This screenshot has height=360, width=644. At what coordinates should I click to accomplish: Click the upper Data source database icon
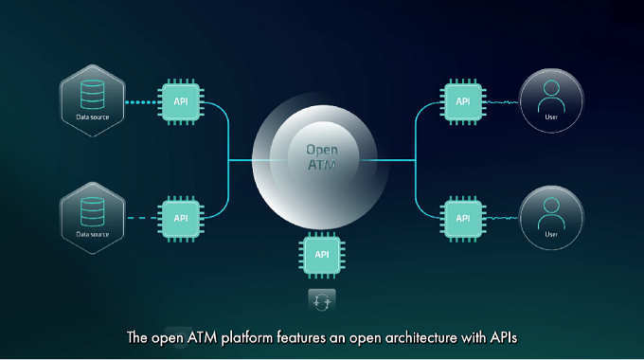pyautogui.click(x=93, y=95)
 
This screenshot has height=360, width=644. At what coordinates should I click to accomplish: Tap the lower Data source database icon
pyautogui.click(x=93, y=211)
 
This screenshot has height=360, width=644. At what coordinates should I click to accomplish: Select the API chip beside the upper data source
pyautogui.click(x=181, y=101)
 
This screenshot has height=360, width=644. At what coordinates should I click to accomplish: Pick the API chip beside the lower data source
pyautogui.click(x=181, y=219)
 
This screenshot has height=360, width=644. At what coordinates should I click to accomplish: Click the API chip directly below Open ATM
pyautogui.click(x=322, y=255)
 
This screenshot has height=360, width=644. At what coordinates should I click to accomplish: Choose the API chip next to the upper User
pyautogui.click(x=463, y=101)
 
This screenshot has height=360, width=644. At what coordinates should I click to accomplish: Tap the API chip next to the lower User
pyautogui.click(x=463, y=219)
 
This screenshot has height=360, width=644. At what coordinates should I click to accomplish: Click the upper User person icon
pyautogui.click(x=551, y=96)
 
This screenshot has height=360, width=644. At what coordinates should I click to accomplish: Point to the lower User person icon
pyautogui.click(x=551, y=213)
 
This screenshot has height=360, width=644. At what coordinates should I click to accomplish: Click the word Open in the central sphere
pyautogui.click(x=322, y=150)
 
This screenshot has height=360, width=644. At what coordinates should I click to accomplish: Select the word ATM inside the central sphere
pyautogui.click(x=322, y=165)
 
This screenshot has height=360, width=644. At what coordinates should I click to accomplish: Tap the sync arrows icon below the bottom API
pyautogui.click(x=322, y=301)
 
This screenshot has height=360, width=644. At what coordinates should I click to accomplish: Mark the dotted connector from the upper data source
pyautogui.click(x=141, y=102)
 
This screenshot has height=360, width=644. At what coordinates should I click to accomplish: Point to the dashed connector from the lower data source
pyautogui.click(x=142, y=218)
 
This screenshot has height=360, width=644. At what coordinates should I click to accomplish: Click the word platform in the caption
pyautogui.click(x=246, y=338)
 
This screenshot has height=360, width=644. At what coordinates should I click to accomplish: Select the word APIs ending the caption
pyautogui.click(x=504, y=337)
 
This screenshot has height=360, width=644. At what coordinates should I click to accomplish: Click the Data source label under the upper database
pyautogui.click(x=93, y=117)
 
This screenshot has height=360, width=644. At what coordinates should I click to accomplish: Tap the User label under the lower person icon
pyautogui.click(x=551, y=234)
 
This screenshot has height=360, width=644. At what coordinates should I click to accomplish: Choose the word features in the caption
pyautogui.click(x=302, y=337)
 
